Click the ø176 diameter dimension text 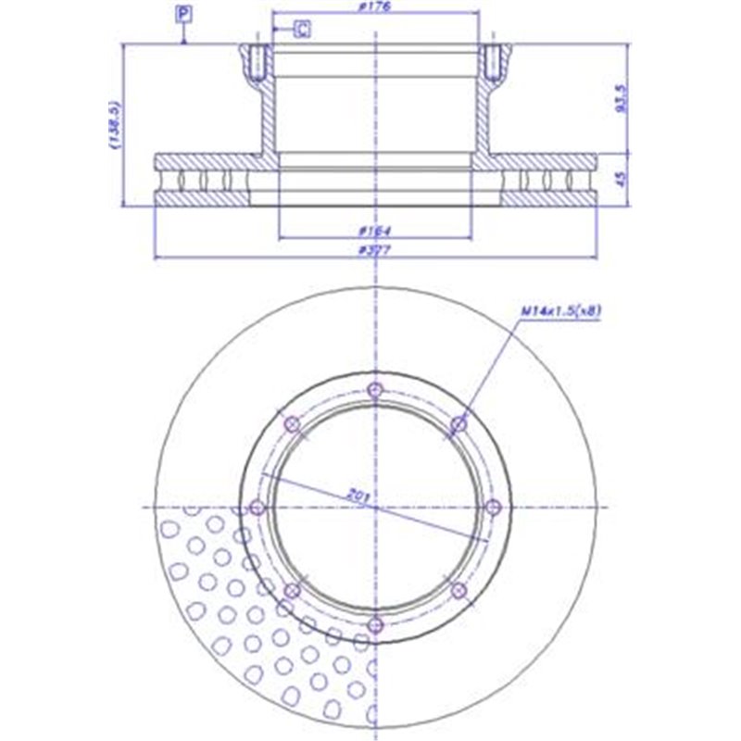point(376,8)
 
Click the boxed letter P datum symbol point(184,13)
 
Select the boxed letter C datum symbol point(302,30)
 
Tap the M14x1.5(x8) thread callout point(561,310)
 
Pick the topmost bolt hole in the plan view point(374,390)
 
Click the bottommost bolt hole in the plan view point(374,626)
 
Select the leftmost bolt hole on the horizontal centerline point(257,508)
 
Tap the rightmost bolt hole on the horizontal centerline point(492,507)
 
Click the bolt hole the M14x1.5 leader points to point(458,424)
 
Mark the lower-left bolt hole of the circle point(291,591)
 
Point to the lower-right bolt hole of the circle point(458,591)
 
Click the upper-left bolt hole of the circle point(291,424)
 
